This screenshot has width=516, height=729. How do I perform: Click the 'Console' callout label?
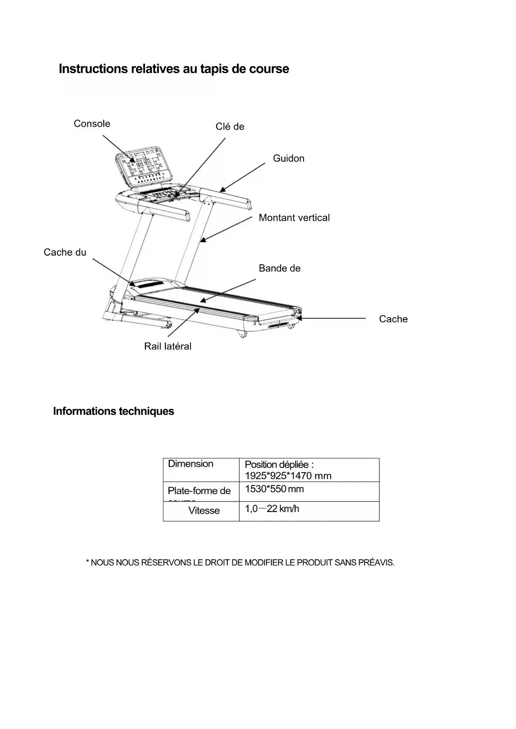[x=92, y=124]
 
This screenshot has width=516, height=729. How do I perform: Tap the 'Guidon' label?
[x=289, y=158]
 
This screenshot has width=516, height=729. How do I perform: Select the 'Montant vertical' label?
[x=294, y=218]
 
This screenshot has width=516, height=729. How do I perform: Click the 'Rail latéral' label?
[x=168, y=346]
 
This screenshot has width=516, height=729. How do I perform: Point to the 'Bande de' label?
[x=279, y=268]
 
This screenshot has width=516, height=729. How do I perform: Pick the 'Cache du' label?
[x=65, y=252]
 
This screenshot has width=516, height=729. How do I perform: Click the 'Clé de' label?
[x=230, y=127]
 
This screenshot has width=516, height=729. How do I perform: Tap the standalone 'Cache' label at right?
[x=393, y=319]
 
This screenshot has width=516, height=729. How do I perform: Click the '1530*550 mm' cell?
[x=274, y=489]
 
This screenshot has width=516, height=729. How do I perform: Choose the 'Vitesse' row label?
[x=204, y=511]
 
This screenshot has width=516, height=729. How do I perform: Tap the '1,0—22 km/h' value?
[x=272, y=509]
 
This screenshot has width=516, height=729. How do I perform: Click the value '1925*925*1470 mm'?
[x=288, y=476]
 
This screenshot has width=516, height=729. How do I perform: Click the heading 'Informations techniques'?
[x=114, y=411]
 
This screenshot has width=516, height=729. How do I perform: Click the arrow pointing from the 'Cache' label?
[x=333, y=319]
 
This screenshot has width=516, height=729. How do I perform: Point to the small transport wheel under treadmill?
[x=241, y=335]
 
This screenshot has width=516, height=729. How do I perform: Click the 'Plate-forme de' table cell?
[x=199, y=491]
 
